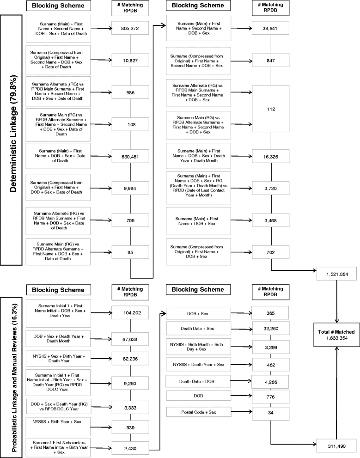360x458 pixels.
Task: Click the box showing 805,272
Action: pos(130,28)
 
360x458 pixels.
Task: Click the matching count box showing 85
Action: pos(130,252)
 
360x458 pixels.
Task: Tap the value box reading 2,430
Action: pos(130,447)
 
